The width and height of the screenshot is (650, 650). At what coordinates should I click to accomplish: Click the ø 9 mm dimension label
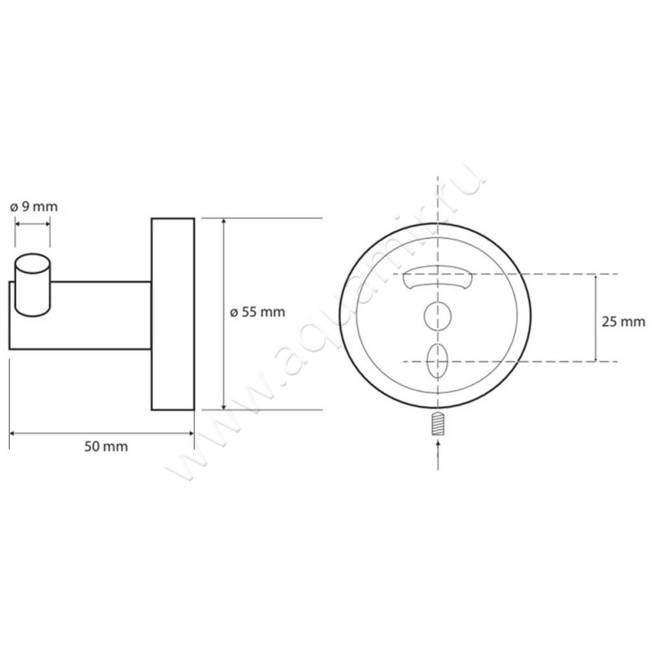[34, 206]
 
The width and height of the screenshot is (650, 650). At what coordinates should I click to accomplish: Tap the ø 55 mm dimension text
[258, 312]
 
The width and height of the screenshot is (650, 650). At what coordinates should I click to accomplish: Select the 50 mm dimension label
[106, 446]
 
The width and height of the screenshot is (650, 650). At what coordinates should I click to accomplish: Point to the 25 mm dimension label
[623, 321]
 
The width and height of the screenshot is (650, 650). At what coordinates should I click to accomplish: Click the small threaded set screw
[438, 423]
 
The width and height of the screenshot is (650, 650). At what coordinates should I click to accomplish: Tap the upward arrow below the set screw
[438, 455]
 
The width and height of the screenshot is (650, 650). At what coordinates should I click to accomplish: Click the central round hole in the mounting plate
[438, 316]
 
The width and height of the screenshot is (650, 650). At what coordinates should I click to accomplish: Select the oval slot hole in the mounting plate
[438, 361]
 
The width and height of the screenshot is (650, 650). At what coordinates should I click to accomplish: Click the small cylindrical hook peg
[32, 285]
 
